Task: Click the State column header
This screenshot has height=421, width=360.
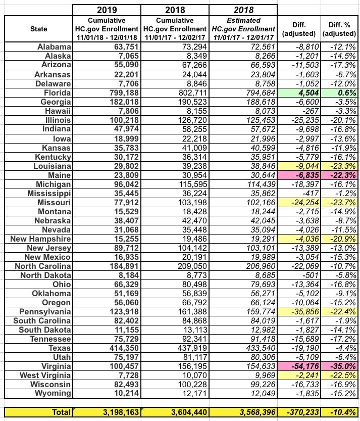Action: click(38, 29)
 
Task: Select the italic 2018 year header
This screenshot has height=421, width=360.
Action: click(244, 10)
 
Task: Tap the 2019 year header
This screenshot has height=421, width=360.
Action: click(106, 10)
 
